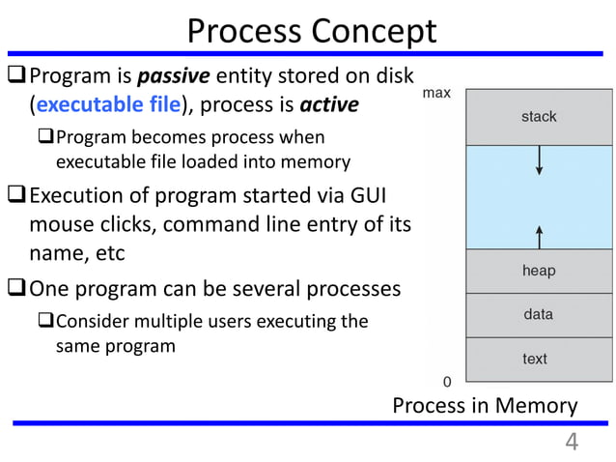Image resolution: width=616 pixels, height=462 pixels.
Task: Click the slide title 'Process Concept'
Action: (x=311, y=31)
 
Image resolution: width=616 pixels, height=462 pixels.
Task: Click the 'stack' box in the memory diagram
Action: (x=539, y=116)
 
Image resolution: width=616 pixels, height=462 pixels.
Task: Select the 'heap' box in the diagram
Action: (x=539, y=271)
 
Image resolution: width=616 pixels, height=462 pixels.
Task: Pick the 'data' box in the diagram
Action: (x=539, y=314)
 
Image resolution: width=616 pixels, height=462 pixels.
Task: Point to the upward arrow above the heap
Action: (x=539, y=236)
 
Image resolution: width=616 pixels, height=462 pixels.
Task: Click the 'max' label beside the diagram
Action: (x=436, y=94)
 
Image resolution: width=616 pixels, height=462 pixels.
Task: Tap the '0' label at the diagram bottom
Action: (x=447, y=381)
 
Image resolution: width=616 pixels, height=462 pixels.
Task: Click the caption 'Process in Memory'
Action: (x=485, y=406)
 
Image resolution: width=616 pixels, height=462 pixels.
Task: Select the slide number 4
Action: (x=572, y=443)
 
